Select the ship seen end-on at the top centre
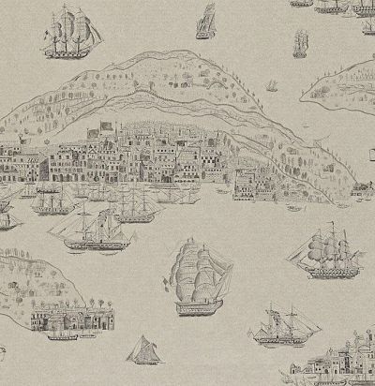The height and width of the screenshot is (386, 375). point(206,21)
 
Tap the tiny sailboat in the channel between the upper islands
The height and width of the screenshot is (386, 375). point(272,86)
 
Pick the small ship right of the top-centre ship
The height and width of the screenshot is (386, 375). point(300,42)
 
